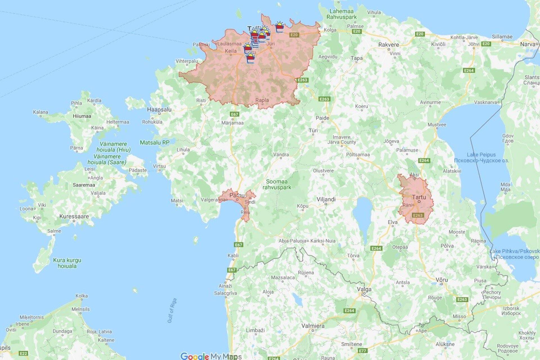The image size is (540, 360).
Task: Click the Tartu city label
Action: [x=419, y=197]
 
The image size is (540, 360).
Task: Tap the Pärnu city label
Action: [x=237, y=195]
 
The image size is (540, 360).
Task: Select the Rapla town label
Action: [x=262, y=100]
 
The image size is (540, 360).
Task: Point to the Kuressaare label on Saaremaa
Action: [x=74, y=216]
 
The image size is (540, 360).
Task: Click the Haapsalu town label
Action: [x=159, y=109]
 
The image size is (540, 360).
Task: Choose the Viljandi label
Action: [x=326, y=199]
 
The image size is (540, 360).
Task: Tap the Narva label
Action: [x=528, y=44]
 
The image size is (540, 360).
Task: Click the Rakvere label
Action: [x=388, y=45]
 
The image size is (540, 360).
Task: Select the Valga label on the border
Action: [x=364, y=289]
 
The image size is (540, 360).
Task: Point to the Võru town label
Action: [x=442, y=280]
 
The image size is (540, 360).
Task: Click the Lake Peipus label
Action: [x=481, y=155]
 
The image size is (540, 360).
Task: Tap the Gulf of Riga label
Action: [x=172, y=311]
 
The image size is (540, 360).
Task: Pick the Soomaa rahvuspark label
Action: [x=277, y=184]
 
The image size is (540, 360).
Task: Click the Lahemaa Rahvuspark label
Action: [x=341, y=14]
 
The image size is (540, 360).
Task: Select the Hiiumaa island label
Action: [x=82, y=116]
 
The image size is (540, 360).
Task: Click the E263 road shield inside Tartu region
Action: [x=418, y=215]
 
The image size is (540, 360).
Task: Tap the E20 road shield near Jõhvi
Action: [x=486, y=44]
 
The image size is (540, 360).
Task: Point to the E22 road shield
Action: [x=24, y=353]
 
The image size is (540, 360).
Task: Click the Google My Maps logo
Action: [x=211, y=356]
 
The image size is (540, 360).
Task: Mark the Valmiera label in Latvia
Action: [x=313, y=326]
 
